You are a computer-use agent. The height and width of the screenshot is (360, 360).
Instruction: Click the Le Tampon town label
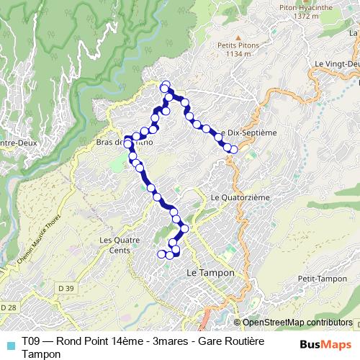tap(207, 273)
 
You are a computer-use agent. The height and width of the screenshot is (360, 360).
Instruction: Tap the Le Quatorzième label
tap(235, 197)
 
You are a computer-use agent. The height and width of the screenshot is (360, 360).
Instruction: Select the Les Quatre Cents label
tap(116, 245)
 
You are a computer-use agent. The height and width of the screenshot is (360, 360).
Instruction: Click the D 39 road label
tap(66, 289)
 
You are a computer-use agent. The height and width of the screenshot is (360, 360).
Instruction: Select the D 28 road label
tap(9, 308)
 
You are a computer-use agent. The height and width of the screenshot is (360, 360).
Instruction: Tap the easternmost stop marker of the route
tap(233, 149)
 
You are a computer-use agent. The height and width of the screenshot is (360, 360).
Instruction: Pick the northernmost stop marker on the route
tap(166, 84)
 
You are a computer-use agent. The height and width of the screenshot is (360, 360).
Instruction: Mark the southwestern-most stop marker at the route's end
tap(161, 253)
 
